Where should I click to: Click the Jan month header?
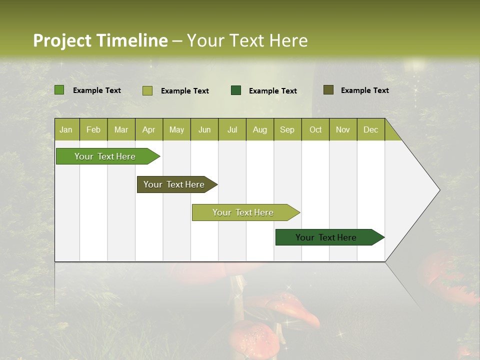(66, 130)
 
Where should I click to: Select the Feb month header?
(93, 130)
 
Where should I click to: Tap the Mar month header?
(121, 130)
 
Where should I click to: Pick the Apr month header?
(149, 130)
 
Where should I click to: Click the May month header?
(176, 130)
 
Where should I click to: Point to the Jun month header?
(204, 130)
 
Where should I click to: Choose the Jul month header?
(232, 130)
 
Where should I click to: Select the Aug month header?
(260, 130)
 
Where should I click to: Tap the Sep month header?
(287, 130)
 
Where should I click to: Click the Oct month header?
(315, 130)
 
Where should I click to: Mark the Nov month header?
(343, 130)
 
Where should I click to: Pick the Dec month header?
(371, 130)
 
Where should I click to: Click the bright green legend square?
(59, 90)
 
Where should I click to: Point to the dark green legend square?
(236, 90)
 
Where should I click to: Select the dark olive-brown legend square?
(328, 90)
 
